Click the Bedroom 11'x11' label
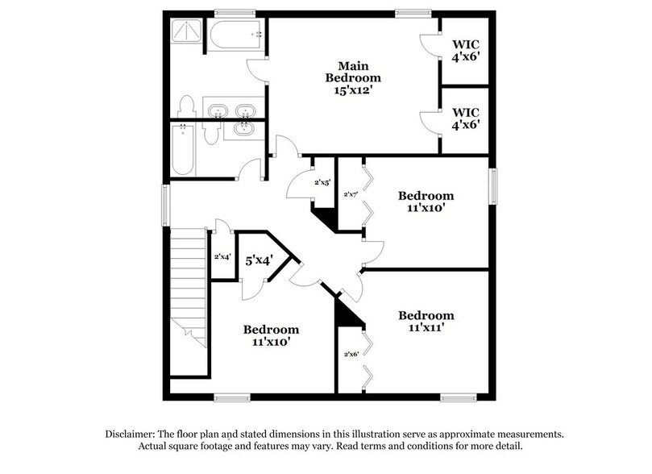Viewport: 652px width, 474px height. pyautogui.click(x=426, y=322)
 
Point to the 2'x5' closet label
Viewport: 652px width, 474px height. pyautogui.click(x=322, y=183)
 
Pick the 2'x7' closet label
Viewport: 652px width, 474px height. pyautogui.click(x=351, y=194)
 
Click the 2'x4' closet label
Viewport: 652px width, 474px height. pyautogui.click(x=222, y=257)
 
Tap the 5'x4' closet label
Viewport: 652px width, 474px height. pyautogui.click(x=259, y=260)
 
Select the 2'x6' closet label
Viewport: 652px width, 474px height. pyautogui.click(x=351, y=354)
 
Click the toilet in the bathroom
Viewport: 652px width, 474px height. pyautogui.click(x=187, y=108)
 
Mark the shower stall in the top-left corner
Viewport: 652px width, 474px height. pyautogui.click(x=186, y=34)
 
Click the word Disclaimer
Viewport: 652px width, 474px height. pyautogui.click(x=131, y=434)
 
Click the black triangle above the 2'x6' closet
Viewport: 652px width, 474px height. pyautogui.click(x=348, y=313)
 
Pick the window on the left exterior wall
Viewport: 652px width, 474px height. pyautogui.click(x=166, y=205)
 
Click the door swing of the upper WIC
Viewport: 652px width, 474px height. pyautogui.click(x=429, y=46)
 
